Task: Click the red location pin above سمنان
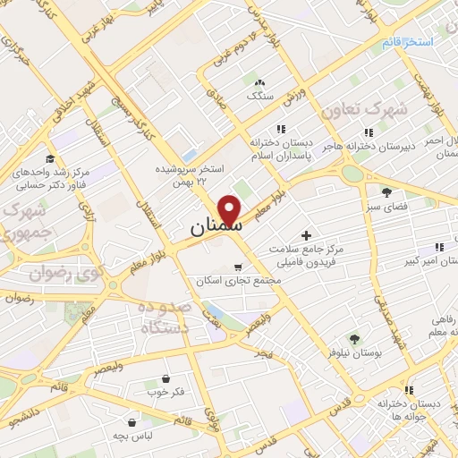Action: point(231,209)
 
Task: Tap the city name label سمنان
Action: point(216,228)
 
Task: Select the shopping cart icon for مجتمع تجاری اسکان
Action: point(237,267)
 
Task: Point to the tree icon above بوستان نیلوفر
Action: point(354,338)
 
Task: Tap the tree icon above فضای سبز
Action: point(386,191)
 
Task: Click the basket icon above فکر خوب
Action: point(165,378)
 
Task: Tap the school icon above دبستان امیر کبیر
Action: point(439,245)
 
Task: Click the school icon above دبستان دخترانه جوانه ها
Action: point(409,390)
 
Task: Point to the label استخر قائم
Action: point(407,42)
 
